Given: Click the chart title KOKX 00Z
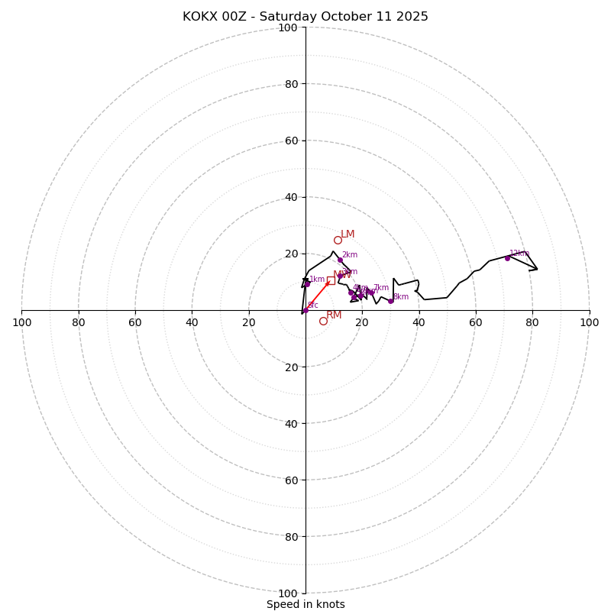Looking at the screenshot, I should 305,17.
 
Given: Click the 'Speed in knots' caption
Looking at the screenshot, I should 305,604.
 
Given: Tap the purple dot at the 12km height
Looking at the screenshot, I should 507,258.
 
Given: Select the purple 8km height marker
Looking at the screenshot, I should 390,301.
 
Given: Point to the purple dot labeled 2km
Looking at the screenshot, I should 340,260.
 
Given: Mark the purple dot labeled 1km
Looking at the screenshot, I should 308,284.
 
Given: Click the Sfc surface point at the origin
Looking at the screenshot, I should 305,310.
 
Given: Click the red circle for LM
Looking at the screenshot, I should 338,241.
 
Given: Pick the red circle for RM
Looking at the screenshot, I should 323,321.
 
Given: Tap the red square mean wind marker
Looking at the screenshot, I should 331,280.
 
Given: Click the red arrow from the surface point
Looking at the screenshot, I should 317,296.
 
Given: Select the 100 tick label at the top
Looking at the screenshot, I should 288,27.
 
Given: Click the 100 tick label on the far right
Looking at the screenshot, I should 590,322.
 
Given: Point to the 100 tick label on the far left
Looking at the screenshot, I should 21,322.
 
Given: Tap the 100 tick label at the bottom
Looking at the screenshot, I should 288,593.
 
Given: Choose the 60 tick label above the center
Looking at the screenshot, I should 291,141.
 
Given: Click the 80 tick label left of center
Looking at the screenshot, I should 79,322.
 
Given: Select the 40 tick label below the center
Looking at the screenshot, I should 291,423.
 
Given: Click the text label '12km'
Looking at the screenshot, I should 519,254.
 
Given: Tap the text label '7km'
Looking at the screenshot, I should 380,288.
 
